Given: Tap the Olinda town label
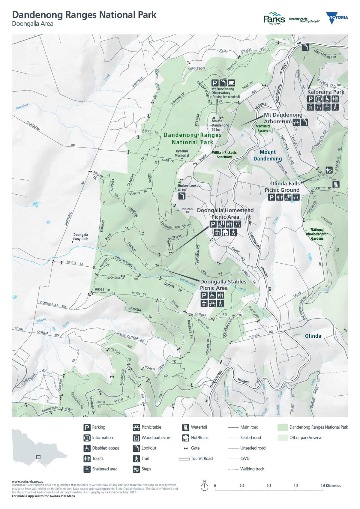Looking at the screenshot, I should tap(313, 336).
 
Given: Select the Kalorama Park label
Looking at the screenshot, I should tap(325, 92).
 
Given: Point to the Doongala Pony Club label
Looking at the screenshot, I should tap(81, 237).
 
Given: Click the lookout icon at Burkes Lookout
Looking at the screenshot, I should tap(182, 196).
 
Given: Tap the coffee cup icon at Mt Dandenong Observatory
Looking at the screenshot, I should tap(231, 83).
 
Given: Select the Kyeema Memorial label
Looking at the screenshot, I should tap(182, 153).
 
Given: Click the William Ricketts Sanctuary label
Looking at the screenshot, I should tap(224, 154).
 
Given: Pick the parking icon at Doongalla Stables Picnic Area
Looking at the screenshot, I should tap(204, 295).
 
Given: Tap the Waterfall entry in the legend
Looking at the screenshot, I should tap(195, 427).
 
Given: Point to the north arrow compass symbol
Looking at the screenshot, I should tap(204, 487).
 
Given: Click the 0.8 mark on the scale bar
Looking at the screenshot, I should tap(269, 486).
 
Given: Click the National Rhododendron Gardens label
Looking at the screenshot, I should tap(317, 234).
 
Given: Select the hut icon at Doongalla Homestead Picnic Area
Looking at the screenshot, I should tap(225, 232).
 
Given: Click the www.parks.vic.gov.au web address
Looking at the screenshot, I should tap(28, 481).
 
